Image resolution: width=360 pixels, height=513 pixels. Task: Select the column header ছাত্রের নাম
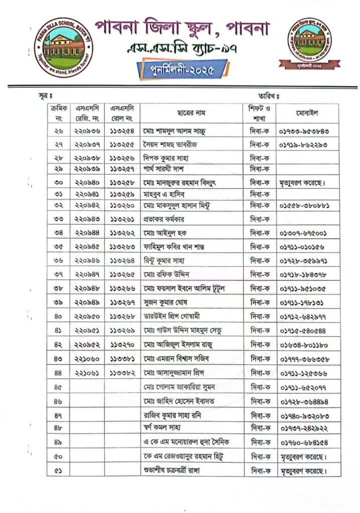(192, 113)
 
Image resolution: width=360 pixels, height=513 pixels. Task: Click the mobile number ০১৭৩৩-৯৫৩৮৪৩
(307, 132)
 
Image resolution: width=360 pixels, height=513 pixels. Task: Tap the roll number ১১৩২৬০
(122, 206)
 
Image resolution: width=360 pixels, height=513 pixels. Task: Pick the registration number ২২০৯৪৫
(87, 246)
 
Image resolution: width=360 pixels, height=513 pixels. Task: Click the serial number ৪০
(58, 317)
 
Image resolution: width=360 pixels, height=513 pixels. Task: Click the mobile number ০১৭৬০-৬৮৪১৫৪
(307, 442)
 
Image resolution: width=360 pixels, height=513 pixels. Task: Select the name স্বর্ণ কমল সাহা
(161, 428)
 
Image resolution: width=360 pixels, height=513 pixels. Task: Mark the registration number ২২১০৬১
(87, 373)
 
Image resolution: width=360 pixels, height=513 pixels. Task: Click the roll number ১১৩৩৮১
(122, 359)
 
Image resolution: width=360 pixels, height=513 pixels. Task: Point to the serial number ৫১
(58, 470)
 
